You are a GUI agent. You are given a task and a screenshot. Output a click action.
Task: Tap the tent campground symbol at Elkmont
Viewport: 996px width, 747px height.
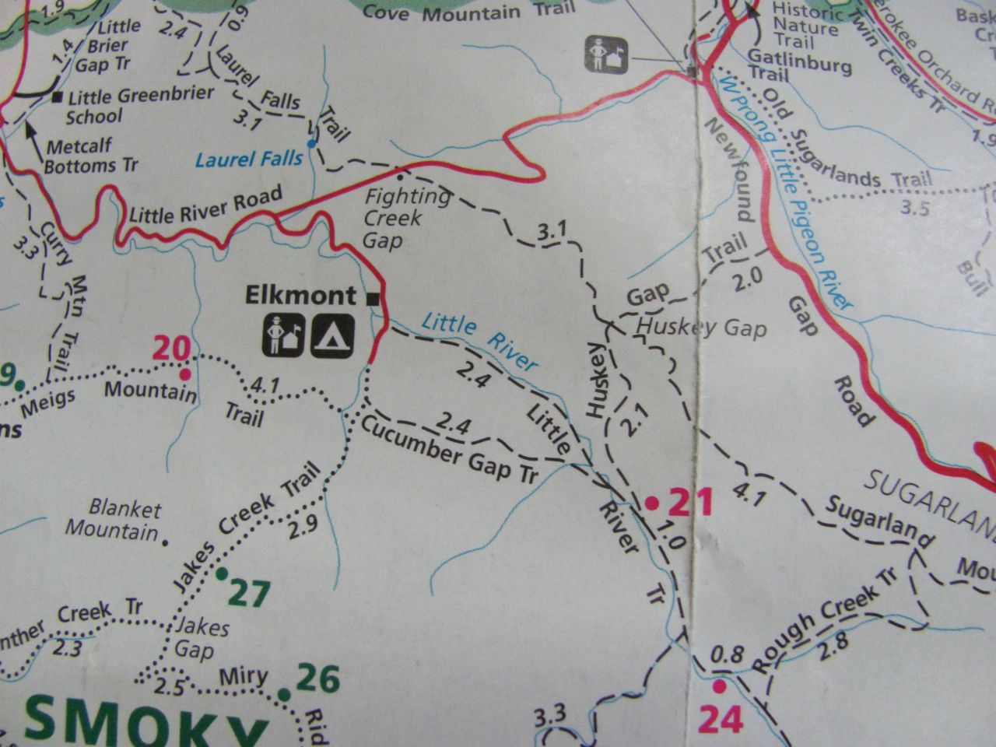pyautogui.click(x=333, y=335)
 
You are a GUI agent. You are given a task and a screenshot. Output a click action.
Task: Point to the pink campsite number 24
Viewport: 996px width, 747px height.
pyautogui.click(x=721, y=718)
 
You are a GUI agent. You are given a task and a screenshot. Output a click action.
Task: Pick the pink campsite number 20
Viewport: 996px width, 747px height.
pyautogui.click(x=171, y=348)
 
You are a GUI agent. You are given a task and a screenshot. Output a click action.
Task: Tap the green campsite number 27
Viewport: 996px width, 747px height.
pyautogui.click(x=249, y=594)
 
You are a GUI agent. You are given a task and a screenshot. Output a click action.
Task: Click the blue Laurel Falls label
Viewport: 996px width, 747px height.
pyautogui.click(x=248, y=160)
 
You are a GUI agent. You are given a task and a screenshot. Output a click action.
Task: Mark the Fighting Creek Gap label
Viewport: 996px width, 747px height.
pyautogui.click(x=394, y=217)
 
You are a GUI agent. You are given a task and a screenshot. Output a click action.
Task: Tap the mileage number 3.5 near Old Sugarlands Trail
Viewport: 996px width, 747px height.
pyautogui.click(x=914, y=209)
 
